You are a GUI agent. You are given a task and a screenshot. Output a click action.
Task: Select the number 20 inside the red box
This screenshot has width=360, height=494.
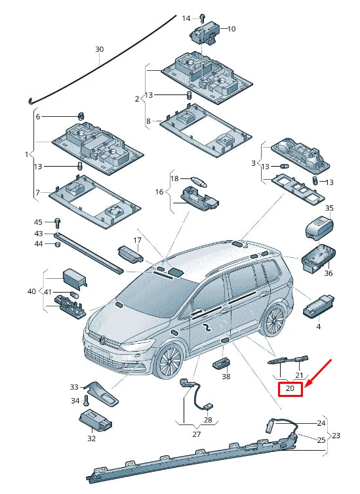pos(290,390)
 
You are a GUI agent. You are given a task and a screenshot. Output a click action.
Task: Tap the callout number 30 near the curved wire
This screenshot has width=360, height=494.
pos(100,49)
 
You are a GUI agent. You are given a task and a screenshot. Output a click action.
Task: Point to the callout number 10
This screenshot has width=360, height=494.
pos(231,29)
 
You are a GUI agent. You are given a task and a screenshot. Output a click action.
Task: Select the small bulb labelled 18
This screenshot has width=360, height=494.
pos(197,179)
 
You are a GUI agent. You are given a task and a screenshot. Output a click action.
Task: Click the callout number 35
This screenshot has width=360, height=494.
pos(329,208)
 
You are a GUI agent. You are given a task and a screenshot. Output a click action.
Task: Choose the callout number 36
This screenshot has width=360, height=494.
pos(329,273)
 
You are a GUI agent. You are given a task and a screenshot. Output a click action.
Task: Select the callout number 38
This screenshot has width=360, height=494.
pos(226,377)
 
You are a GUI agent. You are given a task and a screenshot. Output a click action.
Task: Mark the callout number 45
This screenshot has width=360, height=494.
pos(39,222)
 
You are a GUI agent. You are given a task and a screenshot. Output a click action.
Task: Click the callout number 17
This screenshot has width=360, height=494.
pos(137,240)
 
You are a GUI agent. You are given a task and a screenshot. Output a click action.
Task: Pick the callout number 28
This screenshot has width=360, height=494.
pos(208,420)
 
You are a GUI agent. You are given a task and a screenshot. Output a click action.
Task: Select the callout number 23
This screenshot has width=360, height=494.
pos(336,435)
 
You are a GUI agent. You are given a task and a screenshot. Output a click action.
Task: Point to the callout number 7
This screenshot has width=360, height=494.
pos(37,192)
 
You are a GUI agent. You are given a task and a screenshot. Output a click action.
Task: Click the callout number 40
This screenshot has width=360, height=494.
pos(31,291)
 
